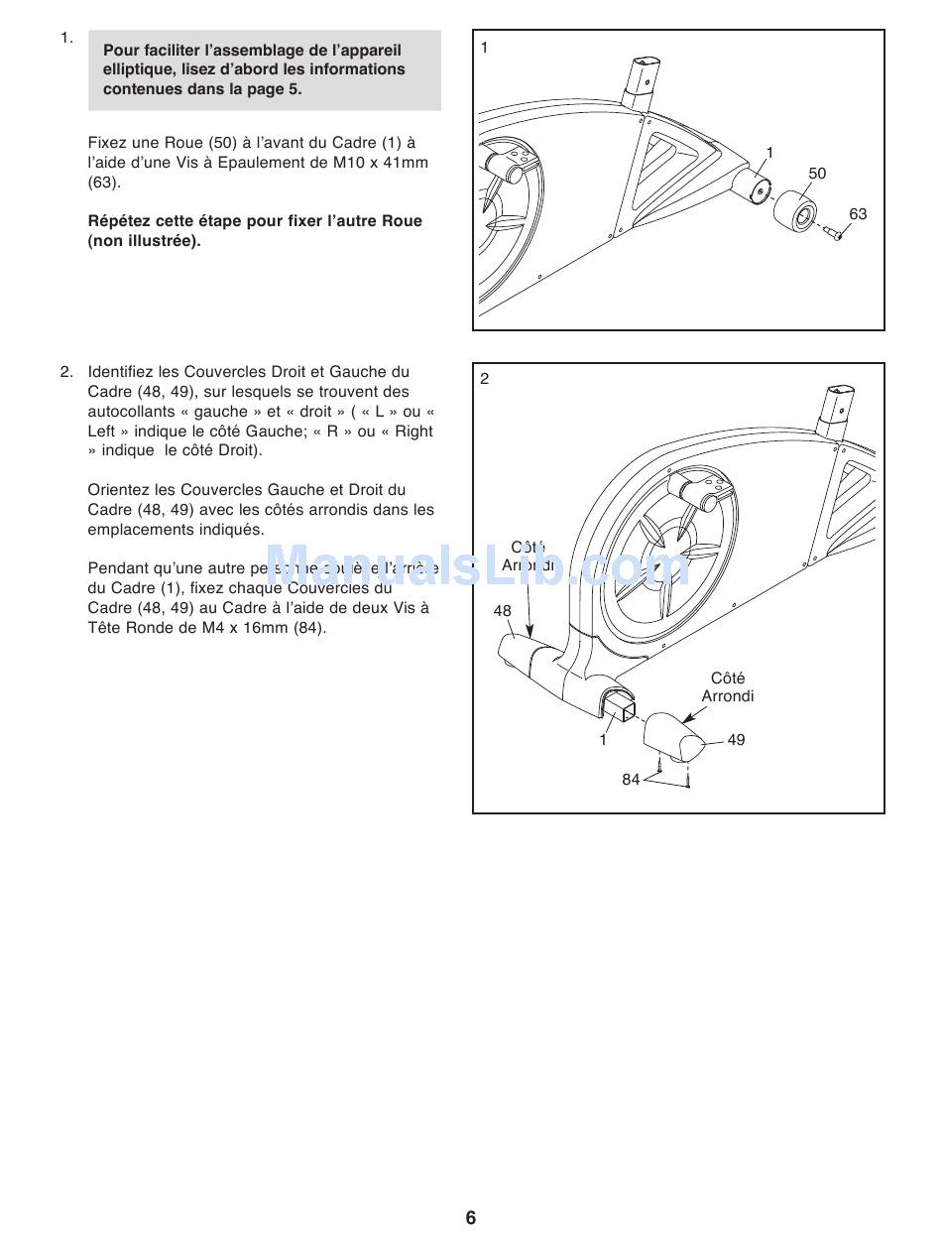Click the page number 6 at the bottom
(x=471, y=1217)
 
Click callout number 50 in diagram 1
(x=817, y=174)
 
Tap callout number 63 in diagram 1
(x=858, y=214)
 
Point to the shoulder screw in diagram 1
(x=832, y=232)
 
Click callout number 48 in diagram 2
(x=503, y=611)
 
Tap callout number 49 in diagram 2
(x=736, y=740)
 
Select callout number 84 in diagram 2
(x=631, y=780)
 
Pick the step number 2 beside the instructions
(x=66, y=372)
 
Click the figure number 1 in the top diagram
(x=485, y=47)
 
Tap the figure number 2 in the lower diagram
(x=485, y=378)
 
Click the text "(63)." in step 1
(x=104, y=183)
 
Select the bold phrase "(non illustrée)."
(x=144, y=241)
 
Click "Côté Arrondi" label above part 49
(x=728, y=687)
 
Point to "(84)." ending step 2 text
(x=309, y=628)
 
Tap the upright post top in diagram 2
(x=835, y=407)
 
